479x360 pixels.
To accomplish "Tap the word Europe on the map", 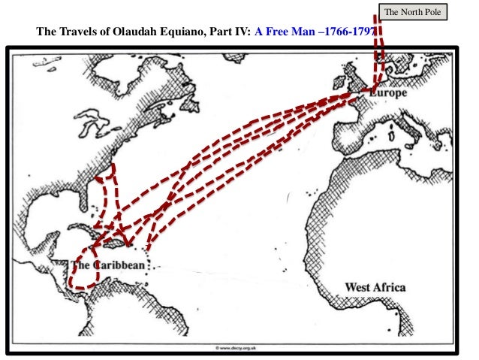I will pyautogui.click(x=389, y=94).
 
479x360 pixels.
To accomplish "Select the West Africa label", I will pyautogui.click(x=375, y=287).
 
